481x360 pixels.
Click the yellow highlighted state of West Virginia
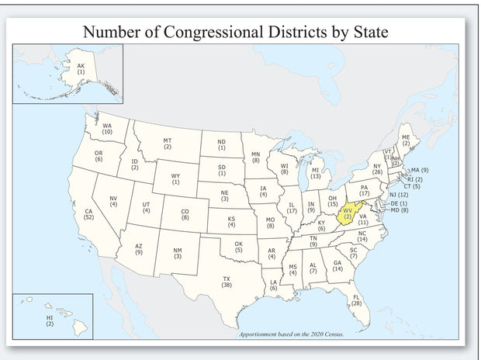click(x=348, y=213)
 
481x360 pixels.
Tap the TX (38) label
click(x=227, y=282)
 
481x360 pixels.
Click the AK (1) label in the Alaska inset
click(x=81, y=67)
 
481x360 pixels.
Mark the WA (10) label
click(x=107, y=129)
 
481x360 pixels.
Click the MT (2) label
click(x=168, y=144)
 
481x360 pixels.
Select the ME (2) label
click(x=406, y=140)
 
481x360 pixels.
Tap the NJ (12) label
click(x=399, y=195)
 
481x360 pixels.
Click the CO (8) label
click(x=185, y=215)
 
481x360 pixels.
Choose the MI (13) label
click(x=316, y=173)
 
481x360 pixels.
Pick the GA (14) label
click(x=337, y=266)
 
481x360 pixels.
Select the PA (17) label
click(x=364, y=190)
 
